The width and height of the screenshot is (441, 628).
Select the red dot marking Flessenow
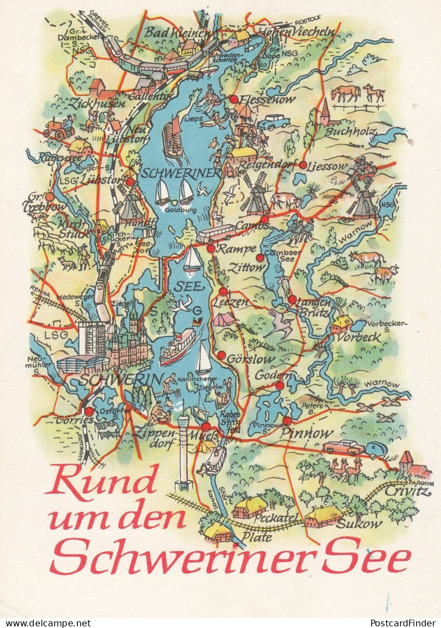coord(234,99)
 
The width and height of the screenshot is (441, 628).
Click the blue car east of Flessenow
coord(274,122)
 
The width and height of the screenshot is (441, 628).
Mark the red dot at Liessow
coord(303,164)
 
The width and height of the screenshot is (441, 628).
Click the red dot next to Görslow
coord(221,355)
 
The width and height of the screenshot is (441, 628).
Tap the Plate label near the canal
coord(257,537)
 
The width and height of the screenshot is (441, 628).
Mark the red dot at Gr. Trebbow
coord(49,197)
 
